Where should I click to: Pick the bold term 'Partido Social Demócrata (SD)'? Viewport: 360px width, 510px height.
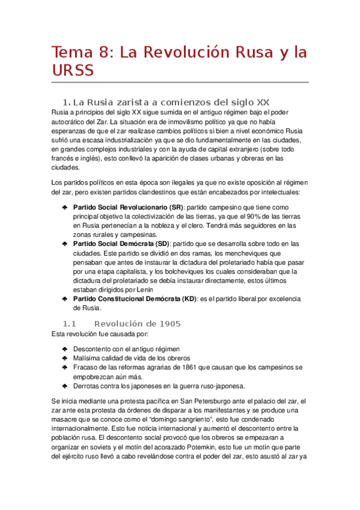pyautogui.click(x=121, y=244)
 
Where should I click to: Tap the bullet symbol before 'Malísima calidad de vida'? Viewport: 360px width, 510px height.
pyautogui.click(x=64, y=358)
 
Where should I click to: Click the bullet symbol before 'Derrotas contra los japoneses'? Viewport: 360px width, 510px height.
pyautogui.click(x=64, y=386)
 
